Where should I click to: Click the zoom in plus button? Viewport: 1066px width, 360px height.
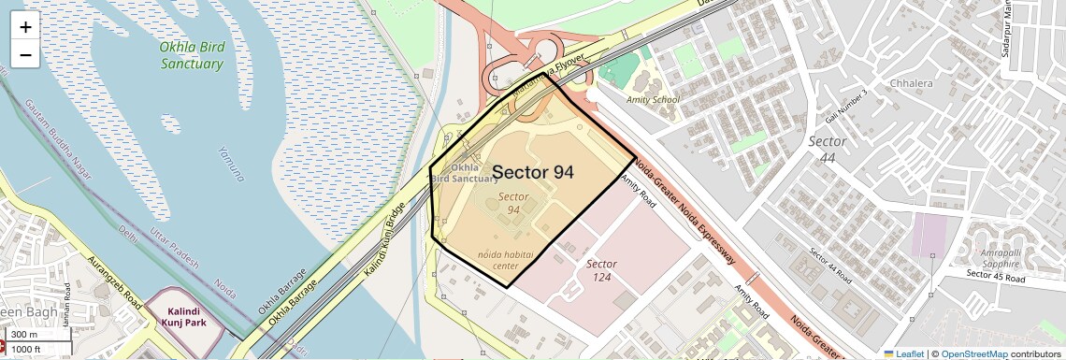25,27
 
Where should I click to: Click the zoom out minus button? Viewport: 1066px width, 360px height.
25,55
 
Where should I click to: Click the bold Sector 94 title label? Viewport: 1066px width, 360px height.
533,172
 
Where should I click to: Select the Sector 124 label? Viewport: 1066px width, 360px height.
601,270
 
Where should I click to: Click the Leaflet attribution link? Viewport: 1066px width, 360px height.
903,353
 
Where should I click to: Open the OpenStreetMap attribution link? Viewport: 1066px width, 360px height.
973,353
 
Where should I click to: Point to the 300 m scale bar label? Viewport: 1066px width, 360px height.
25,335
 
